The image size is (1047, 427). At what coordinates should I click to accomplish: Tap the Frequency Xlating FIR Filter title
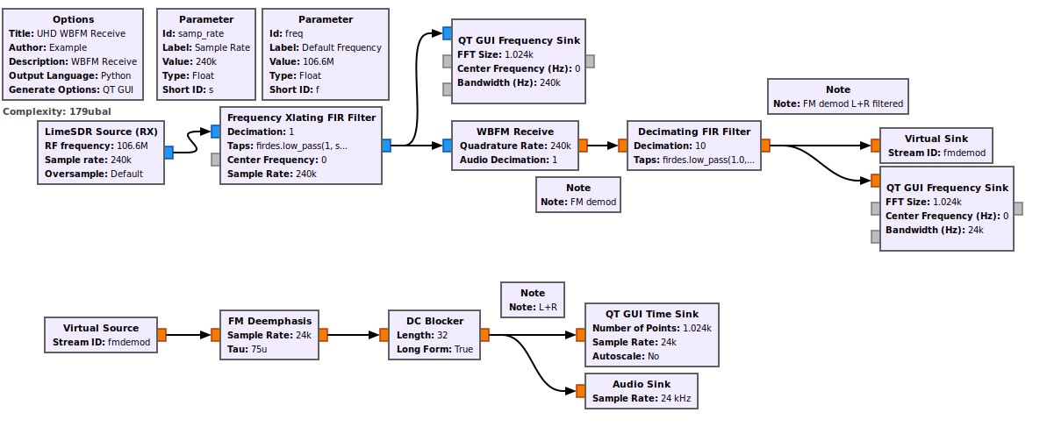301,117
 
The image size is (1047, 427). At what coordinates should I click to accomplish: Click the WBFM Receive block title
514,132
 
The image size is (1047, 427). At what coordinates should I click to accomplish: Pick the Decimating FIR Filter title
694,132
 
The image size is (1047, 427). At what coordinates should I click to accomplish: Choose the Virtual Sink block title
936,139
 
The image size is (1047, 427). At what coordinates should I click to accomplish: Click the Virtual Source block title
101,328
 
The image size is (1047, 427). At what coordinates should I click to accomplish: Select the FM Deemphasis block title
269,321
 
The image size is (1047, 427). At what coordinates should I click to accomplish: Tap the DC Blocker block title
434,321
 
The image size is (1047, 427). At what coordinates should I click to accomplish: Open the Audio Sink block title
641,384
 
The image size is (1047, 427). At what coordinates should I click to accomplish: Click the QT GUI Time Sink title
652,314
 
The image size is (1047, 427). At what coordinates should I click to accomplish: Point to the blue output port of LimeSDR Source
169,153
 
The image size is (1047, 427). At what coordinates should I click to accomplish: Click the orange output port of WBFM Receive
584,146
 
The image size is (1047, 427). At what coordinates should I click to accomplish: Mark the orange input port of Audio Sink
579,391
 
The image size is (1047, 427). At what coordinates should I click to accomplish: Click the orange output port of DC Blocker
484,334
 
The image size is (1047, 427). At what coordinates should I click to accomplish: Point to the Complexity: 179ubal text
57,111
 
